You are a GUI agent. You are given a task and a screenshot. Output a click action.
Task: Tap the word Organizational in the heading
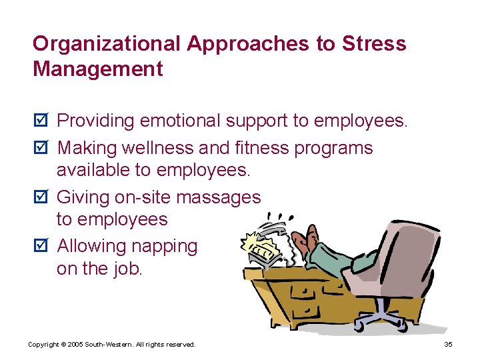pyautogui.click(x=107, y=44)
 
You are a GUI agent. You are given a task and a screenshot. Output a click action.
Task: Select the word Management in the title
pyautogui.click(x=98, y=69)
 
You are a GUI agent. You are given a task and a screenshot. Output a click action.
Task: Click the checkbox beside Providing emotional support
pyautogui.click(x=40, y=121)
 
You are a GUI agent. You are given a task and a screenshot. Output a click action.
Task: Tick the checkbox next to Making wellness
pyautogui.click(x=40, y=148)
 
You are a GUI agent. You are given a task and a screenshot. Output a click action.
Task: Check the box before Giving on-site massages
pyautogui.click(x=40, y=198)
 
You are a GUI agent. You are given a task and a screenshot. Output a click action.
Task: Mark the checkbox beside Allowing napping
pyautogui.click(x=40, y=247)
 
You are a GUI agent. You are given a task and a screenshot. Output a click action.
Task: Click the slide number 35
pyautogui.click(x=447, y=344)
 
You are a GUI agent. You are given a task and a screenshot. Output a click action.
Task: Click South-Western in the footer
pyautogui.click(x=114, y=344)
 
